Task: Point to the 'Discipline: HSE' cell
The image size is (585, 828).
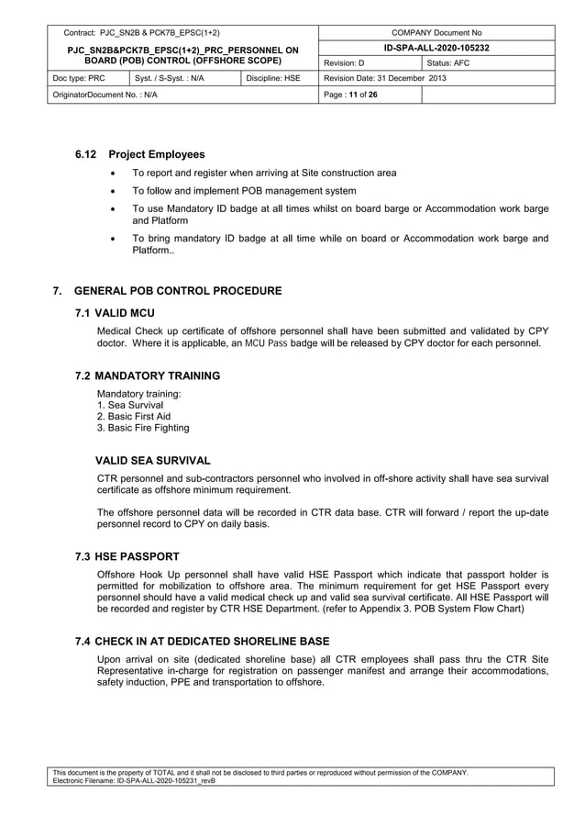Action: [x=273, y=78]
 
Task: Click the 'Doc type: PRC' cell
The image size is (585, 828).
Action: [x=79, y=78]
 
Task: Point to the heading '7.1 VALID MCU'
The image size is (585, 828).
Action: [x=116, y=313]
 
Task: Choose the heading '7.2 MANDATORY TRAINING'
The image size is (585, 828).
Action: [x=148, y=375]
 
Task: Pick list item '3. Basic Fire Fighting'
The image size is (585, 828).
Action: [x=143, y=428]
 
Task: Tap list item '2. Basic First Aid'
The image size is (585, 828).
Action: [x=134, y=416]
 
